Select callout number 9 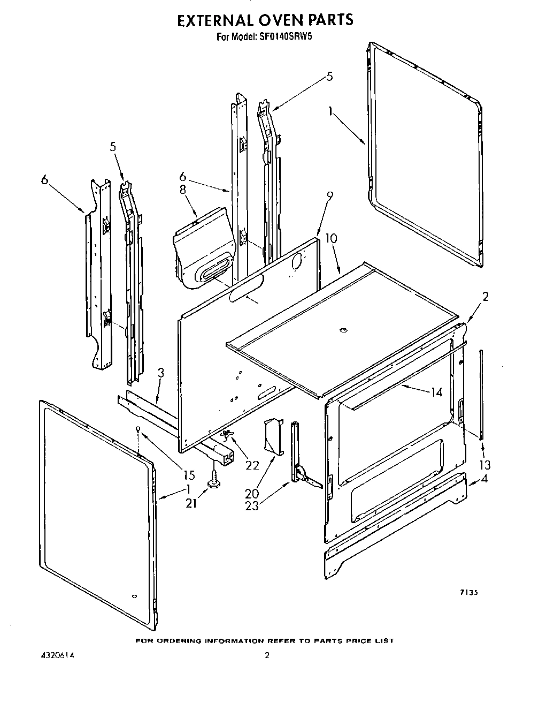(x=330, y=196)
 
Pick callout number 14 (x=436, y=392)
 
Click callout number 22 (x=252, y=465)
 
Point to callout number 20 (x=252, y=493)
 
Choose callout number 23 (x=251, y=505)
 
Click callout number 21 (x=191, y=503)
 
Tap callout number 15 (x=189, y=474)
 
